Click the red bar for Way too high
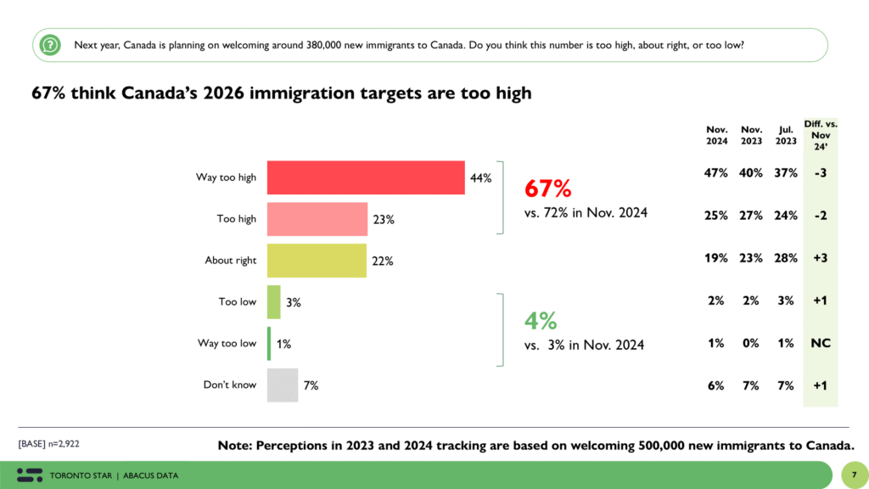[x=366, y=177]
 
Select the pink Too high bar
[x=317, y=219]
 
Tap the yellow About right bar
[x=316, y=261]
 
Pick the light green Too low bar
[x=273, y=302]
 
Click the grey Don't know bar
[x=283, y=385]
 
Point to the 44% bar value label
[x=481, y=178]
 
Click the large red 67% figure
[x=547, y=188]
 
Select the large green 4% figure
[x=540, y=321]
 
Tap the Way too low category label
[x=227, y=344]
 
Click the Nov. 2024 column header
[x=716, y=136]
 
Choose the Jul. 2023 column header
[x=785, y=136]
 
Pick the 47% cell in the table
[x=716, y=173]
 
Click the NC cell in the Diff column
[x=820, y=343]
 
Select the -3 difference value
[x=820, y=173]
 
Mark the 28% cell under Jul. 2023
[x=785, y=258]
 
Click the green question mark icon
[x=51, y=44]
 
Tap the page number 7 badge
[x=851, y=474]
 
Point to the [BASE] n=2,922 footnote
[x=49, y=444]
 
